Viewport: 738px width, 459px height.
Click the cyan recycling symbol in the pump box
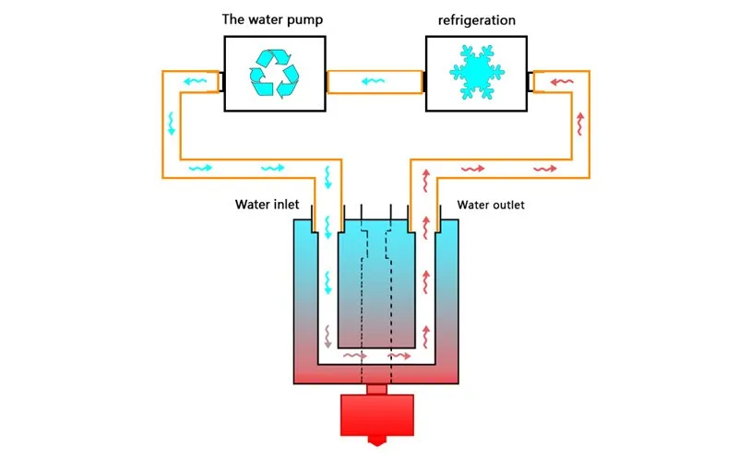point(274,74)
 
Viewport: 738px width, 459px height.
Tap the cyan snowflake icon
point(477,73)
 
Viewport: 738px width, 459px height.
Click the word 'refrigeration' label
point(477,20)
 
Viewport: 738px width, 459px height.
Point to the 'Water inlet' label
point(267,205)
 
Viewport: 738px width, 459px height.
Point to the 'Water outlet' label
point(491,205)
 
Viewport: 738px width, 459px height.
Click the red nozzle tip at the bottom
point(377,441)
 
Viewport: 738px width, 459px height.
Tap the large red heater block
point(377,416)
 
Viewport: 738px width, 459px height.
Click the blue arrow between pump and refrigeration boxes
point(374,81)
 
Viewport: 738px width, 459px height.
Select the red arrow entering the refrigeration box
point(562,82)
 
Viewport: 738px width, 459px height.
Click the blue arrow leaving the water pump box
point(195,81)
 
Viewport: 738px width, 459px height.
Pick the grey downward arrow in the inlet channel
point(328,336)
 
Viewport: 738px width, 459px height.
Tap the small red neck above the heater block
point(377,389)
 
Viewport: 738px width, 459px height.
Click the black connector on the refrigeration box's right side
point(530,82)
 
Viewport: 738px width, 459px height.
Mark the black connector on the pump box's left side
point(221,82)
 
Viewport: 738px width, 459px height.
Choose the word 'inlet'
point(284,205)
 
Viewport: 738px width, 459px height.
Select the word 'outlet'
point(509,205)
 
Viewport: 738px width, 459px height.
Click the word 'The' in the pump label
point(232,19)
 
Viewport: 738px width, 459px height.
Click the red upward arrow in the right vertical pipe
point(581,124)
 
